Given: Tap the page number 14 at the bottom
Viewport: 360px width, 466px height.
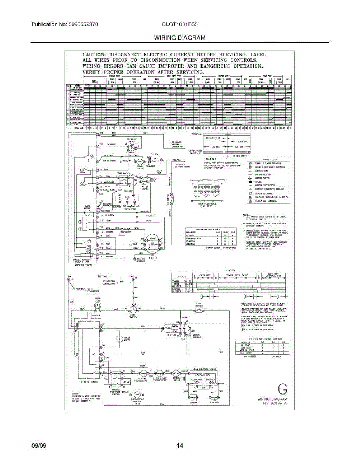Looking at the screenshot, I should tap(179, 446).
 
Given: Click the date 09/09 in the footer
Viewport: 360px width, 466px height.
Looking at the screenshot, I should tap(39, 446).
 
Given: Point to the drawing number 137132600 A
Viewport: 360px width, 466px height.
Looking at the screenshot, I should tap(272, 403).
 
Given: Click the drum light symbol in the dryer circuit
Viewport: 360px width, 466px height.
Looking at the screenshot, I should tap(98, 306).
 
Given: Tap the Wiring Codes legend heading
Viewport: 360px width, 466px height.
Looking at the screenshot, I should tap(271, 159).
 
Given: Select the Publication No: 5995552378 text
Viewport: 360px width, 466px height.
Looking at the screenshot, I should tap(64, 24).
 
